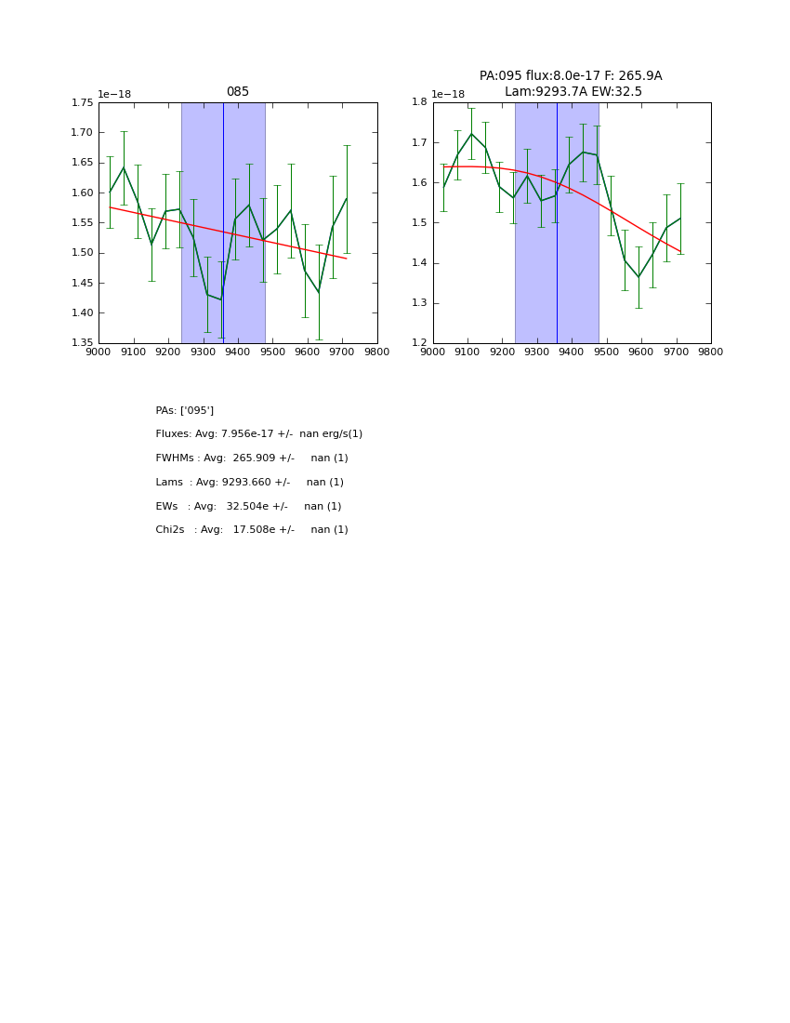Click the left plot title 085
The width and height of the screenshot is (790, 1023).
tap(238, 92)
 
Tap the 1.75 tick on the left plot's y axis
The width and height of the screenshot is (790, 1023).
tap(83, 102)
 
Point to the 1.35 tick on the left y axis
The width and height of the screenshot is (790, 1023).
tap(83, 343)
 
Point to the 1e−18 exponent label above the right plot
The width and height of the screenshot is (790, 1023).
tap(448, 94)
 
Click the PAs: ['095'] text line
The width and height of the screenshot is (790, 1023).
tap(185, 410)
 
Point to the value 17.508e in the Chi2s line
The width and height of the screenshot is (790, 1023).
tap(254, 530)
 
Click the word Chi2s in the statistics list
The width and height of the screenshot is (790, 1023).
tap(170, 530)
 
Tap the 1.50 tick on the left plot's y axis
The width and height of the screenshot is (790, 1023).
tap(83, 253)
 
